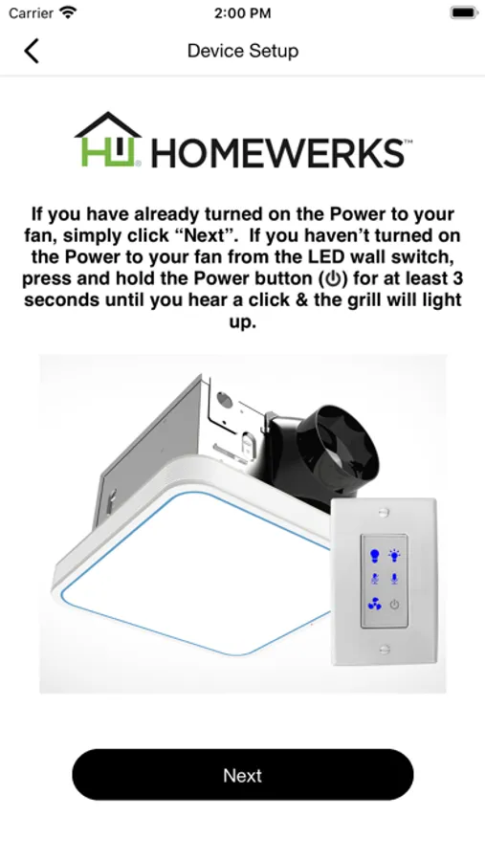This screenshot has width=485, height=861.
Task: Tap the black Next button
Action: (243, 775)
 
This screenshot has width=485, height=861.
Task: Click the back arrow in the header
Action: (32, 51)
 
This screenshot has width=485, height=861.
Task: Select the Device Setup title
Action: (243, 51)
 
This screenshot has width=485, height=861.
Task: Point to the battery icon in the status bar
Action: (464, 12)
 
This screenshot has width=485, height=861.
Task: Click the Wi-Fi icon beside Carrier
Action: (68, 12)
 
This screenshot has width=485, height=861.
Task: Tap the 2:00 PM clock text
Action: (243, 13)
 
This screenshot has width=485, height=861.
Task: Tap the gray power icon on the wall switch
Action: (394, 606)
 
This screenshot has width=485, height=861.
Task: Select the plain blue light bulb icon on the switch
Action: (375, 556)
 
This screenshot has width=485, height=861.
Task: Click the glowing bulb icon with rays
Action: (394, 555)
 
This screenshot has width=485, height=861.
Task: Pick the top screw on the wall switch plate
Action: (384, 513)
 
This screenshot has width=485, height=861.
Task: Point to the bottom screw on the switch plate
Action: (385, 650)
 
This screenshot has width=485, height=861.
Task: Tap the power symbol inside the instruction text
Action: (333, 279)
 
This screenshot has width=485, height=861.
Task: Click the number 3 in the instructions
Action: (457, 278)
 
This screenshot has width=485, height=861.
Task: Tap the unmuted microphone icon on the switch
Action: (394, 579)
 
